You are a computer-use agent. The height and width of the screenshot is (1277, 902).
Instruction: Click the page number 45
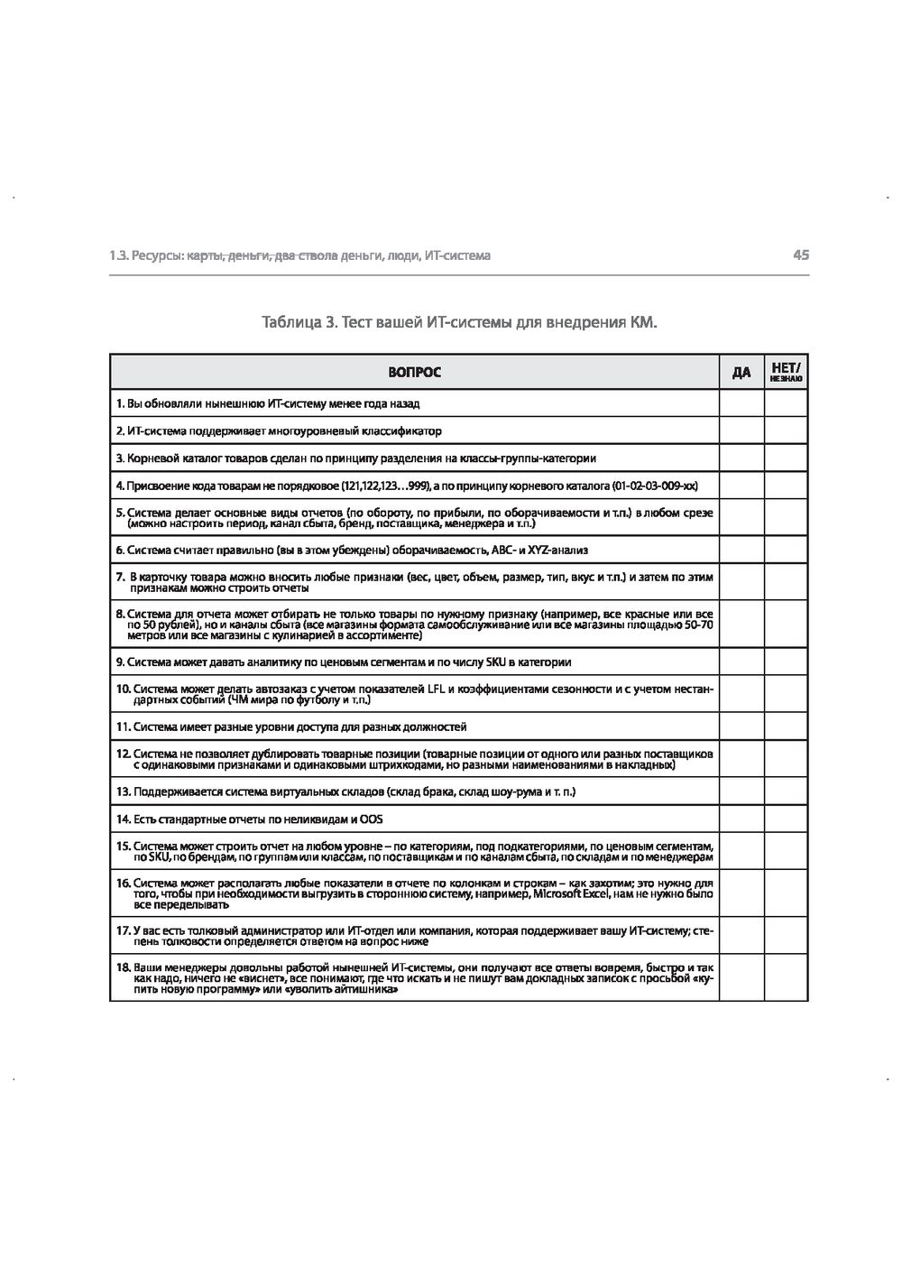pyautogui.click(x=801, y=255)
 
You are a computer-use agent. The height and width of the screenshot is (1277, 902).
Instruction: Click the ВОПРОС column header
pyautogui.click(x=414, y=373)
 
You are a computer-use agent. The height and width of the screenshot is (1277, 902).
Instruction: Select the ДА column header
pyautogui.click(x=741, y=373)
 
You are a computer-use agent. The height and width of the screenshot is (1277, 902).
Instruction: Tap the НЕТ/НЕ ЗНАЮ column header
pyautogui.click(x=786, y=373)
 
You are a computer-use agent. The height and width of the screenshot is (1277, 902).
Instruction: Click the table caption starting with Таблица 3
pyautogui.click(x=459, y=322)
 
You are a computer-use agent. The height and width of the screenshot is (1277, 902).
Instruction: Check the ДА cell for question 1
pyautogui.click(x=741, y=403)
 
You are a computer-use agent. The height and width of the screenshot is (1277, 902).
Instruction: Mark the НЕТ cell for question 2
pyautogui.click(x=786, y=430)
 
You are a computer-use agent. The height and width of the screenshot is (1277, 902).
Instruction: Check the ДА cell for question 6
pyautogui.click(x=741, y=550)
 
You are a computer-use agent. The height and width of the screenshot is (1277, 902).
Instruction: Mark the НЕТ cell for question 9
pyautogui.click(x=786, y=662)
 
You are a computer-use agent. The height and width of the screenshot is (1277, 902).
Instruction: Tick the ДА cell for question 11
pyautogui.click(x=741, y=726)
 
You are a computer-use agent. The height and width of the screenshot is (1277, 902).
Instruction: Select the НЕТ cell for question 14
pyautogui.click(x=786, y=819)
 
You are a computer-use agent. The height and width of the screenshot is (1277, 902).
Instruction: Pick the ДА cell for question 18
pyautogui.click(x=741, y=979)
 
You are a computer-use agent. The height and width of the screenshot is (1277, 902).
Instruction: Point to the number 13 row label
pyautogui.click(x=124, y=791)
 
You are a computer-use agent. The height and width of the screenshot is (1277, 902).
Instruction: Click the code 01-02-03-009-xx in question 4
pyautogui.click(x=653, y=486)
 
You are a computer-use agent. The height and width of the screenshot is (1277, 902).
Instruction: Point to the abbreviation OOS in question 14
pyautogui.click(x=371, y=819)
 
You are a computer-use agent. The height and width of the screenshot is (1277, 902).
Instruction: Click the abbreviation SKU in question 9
pyautogui.click(x=496, y=662)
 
